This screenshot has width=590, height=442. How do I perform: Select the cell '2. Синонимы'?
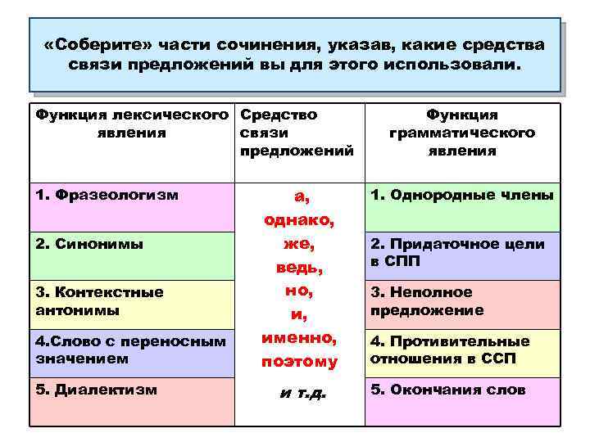(131, 256)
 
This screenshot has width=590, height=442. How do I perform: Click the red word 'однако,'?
(299, 221)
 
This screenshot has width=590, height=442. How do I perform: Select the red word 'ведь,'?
(299, 268)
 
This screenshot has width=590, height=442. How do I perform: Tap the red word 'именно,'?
(299, 336)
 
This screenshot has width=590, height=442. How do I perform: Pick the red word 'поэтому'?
(299, 360)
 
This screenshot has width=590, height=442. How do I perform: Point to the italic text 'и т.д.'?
(302, 394)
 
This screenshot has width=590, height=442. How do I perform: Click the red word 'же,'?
(299, 244)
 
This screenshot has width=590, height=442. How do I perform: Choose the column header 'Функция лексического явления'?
(131, 124)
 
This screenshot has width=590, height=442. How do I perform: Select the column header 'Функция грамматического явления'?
(461, 133)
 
